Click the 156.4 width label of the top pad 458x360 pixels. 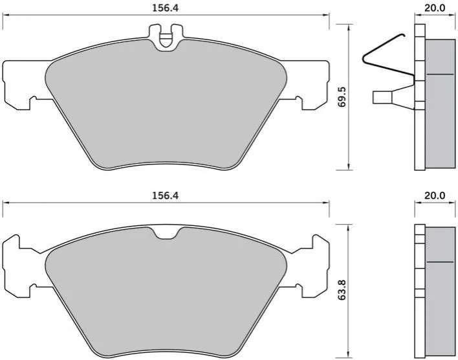coord(165,8)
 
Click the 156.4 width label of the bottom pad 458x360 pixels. coord(165,196)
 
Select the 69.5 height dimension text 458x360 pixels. coord(342,97)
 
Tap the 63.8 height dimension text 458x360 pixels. coord(342,290)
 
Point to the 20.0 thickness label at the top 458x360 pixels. coord(435,8)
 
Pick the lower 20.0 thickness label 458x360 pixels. coord(435,196)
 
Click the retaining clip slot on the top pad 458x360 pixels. coord(166,38)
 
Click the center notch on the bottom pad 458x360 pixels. coord(166,233)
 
